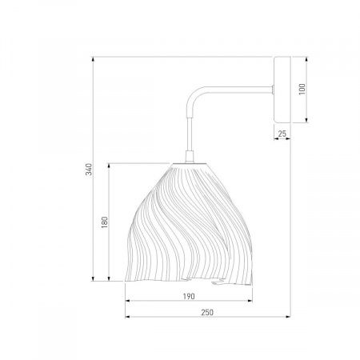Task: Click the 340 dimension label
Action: (89, 170)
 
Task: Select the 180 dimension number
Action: (105, 222)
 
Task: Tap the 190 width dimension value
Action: (189, 296)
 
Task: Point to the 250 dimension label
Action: (207, 312)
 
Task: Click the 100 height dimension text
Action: (302, 90)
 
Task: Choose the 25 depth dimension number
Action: (282, 134)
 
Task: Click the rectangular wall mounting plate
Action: (282, 90)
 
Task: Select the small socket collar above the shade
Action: (190, 157)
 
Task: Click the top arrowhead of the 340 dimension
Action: (93, 59)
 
